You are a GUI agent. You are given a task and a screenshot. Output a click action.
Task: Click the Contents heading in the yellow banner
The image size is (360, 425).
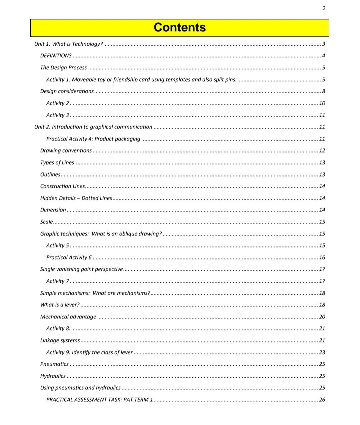[x=180, y=28]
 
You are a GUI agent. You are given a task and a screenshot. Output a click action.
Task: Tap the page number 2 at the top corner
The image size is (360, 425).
[x=324, y=8]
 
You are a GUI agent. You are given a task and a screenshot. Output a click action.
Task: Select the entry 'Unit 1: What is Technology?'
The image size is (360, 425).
[x=69, y=44]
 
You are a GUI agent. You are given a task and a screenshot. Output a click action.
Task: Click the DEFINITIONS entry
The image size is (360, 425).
[x=56, y=56]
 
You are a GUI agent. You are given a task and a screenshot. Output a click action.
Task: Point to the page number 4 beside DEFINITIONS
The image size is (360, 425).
[x=323, y=56]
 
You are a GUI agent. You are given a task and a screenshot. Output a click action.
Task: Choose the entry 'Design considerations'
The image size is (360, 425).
[x=67, y=91]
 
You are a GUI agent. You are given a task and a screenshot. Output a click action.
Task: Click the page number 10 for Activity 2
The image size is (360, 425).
[x=322, y=103]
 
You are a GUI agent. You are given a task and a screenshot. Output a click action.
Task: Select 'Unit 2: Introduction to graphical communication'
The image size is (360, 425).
[x=93, y=127]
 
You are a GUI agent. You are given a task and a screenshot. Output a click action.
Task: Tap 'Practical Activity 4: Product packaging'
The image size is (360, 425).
[x=93, y=139]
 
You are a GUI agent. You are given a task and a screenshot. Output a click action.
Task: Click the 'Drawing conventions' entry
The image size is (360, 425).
[x=66, y=151]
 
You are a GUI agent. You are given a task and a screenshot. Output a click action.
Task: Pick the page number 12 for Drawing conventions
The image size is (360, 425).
[x=322, y=151]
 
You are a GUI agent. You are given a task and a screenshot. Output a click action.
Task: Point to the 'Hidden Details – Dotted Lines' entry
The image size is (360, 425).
[x=76, y=198]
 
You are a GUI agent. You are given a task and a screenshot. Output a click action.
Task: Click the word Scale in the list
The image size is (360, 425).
[x=47, y=222]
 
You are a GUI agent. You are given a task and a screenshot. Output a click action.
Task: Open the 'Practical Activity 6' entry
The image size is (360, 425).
[x=69, y=257]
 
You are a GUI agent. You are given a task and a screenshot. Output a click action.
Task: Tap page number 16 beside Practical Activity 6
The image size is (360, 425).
[x=322, y=257]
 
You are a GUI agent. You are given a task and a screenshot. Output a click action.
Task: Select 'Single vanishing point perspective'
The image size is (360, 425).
[x=82, y=269]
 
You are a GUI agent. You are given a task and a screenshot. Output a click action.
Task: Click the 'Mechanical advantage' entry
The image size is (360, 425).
[x=68, y=317]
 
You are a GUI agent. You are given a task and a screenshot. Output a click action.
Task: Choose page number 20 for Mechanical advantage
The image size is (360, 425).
[x=322, y=317]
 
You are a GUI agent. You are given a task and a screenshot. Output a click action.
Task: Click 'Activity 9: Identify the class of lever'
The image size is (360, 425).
[x=89, y=352]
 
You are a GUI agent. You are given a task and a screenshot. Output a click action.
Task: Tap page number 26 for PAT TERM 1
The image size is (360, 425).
[x=322, y=400]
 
